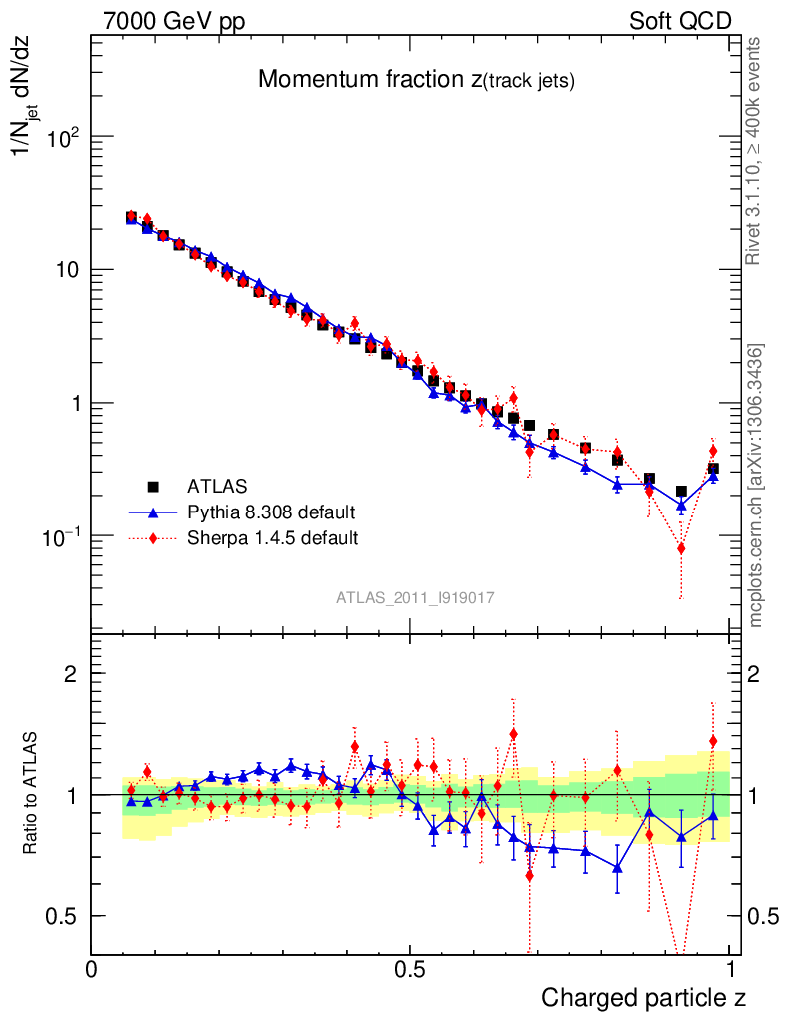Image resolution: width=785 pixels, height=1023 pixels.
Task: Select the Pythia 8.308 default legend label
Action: (270, 512)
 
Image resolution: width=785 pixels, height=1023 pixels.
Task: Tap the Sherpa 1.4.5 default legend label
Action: (273, 538)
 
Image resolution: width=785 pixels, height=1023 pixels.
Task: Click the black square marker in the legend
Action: (153, 487)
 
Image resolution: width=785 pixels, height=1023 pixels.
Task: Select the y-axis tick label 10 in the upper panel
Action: (68, 271)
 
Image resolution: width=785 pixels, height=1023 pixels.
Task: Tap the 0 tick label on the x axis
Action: (92, 969)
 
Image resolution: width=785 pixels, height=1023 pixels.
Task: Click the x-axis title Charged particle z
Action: (644, 997)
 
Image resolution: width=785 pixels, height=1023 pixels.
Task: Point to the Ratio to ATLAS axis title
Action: (32, 795)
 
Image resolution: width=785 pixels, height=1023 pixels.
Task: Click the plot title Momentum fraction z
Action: (415, 81)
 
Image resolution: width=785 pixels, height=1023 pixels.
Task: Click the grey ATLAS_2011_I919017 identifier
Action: (415, 597)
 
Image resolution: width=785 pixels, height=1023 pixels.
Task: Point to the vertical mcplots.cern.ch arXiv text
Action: (756, 486)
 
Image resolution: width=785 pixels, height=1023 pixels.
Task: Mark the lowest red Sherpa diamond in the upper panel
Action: (681, 548)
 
